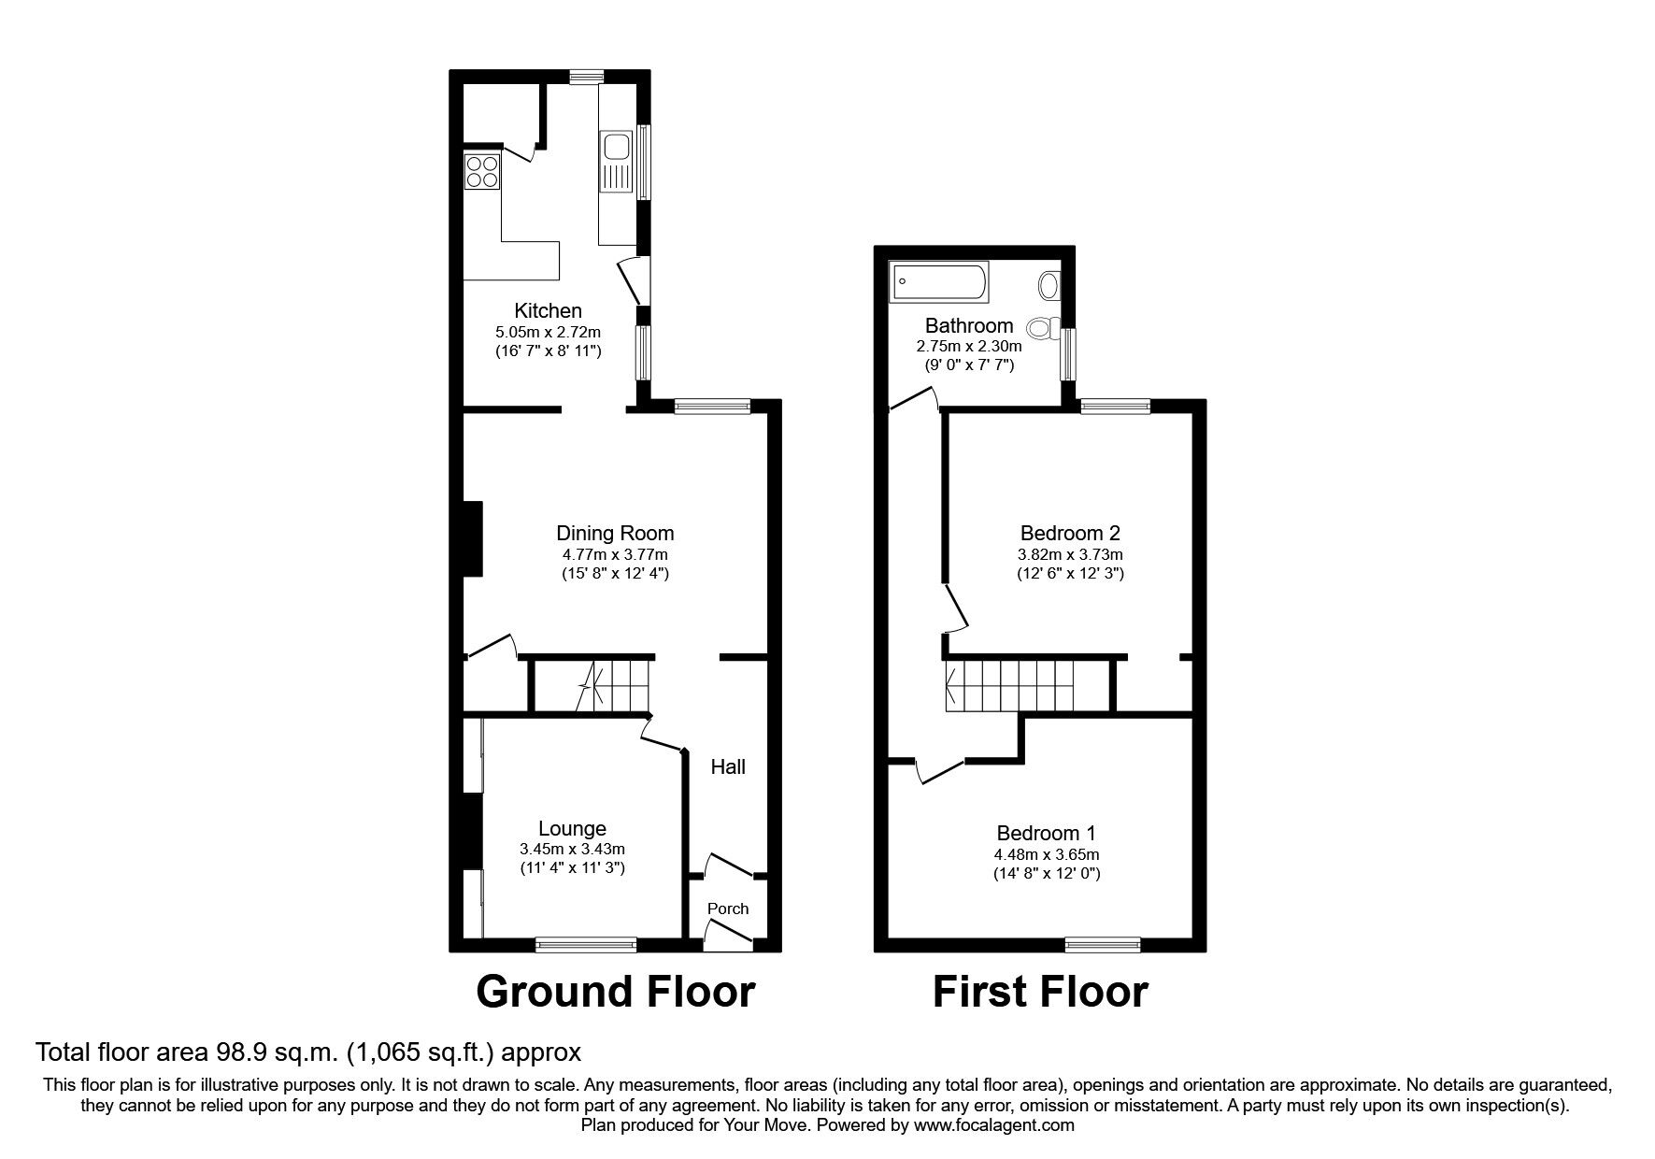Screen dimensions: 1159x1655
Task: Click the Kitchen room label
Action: (548, 310)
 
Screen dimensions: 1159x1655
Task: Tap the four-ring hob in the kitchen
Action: (482, 171)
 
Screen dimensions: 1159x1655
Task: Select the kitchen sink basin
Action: (616, 147)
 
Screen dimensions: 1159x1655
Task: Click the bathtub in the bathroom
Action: (938, 282)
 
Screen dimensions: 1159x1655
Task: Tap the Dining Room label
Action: (614, 533)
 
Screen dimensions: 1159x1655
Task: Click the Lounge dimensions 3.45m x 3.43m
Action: (572, 849)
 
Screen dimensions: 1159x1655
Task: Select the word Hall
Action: (728, 766)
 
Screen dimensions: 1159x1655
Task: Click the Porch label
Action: (727, 909)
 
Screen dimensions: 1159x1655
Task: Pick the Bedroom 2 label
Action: (1070, 533)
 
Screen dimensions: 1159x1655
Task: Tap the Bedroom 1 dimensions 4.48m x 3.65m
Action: (1046, 854)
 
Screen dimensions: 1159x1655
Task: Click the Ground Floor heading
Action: (615, 992)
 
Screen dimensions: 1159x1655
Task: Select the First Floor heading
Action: (1039, 992)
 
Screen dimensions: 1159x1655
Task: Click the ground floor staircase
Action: (611, 686)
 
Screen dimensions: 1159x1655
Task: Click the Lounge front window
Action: (586, 945)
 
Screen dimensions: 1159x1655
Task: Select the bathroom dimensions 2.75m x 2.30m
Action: (968, 346)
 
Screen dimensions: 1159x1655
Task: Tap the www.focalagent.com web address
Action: (994, 1126)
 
